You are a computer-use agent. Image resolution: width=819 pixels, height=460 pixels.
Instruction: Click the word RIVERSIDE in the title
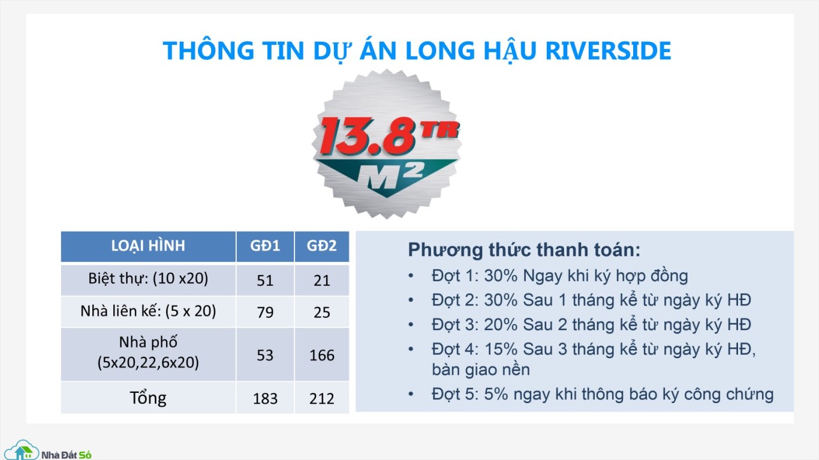[608, 50]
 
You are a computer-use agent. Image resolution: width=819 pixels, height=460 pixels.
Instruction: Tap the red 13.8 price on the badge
[368, 136]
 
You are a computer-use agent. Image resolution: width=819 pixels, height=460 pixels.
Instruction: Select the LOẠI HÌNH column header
[148, 246]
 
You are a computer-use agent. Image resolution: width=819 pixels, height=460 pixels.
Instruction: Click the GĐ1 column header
[265, 246]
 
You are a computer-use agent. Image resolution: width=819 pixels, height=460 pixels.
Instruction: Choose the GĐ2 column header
[322, 246]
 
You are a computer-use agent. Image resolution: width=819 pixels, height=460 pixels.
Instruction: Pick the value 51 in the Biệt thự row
[265, 280]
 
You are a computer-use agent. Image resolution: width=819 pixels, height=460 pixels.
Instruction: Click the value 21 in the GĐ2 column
[322, 280]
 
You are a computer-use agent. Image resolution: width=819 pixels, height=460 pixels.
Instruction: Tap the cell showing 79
[265, 313]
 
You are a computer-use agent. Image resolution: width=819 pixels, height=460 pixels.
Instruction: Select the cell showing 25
[322, 313]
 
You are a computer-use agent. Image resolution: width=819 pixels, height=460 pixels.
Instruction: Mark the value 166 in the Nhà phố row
[322, 355]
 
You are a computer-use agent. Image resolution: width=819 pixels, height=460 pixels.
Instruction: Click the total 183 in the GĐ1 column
[265, 398]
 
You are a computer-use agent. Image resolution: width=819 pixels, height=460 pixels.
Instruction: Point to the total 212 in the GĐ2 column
[322, 398]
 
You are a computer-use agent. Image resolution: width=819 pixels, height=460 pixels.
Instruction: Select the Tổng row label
[148, 398]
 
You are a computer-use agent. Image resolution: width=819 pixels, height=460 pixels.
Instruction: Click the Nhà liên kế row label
[148, 311]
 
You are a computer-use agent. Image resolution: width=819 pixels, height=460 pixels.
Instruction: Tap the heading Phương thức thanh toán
[524, 250]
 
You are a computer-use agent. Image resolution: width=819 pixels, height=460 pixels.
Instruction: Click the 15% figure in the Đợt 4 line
[501, 349]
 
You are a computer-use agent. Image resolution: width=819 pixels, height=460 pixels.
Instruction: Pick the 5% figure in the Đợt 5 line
[496, 395]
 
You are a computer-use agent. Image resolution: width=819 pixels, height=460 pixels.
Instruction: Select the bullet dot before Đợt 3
[411, 325]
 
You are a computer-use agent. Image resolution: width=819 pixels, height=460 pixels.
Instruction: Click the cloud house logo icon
[22, 451]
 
